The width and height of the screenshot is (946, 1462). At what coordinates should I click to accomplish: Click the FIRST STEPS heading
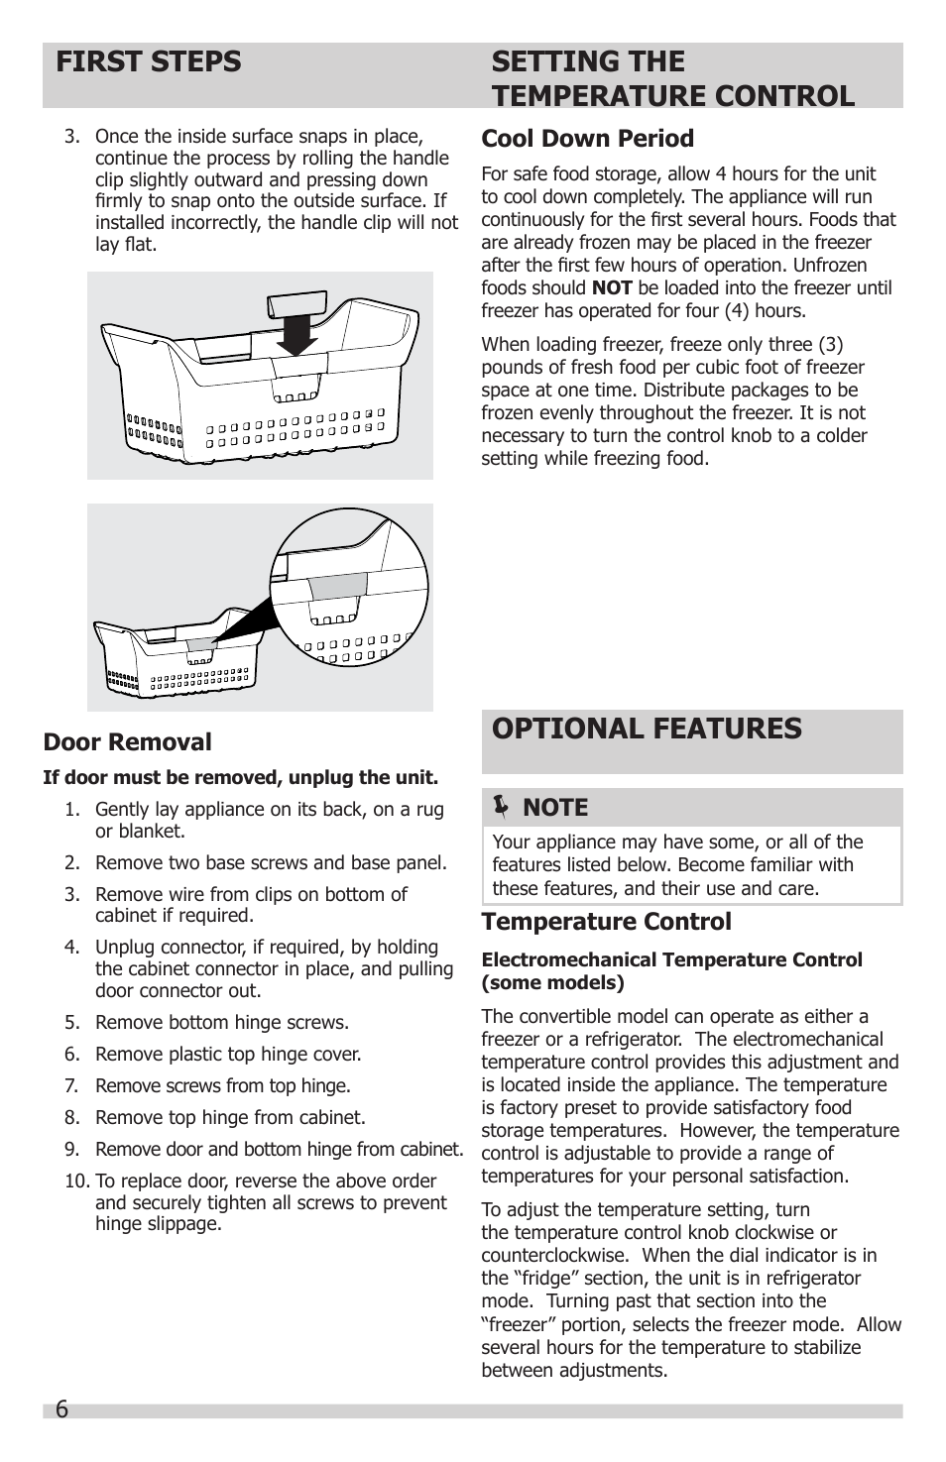pyautogui.click(x=149, y=62)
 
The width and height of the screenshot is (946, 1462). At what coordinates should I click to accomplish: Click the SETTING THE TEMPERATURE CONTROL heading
pyautogui.click(x=672, y=78)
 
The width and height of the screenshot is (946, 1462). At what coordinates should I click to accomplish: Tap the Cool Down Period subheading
pyautogui.click(x=587, y=139)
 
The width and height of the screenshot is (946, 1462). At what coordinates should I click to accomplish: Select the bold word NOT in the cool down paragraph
pyautogui.click(x=612, y=288)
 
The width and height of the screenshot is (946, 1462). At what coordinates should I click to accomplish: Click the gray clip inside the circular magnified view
pyautogui.click(x=337, y=586)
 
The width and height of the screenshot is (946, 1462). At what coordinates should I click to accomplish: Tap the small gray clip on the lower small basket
pyautogui.click(x=201, y=644)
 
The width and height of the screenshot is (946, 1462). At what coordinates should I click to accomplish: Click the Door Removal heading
pyautogui.click(x=127, y=742)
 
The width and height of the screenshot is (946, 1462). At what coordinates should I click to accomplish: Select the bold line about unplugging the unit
pyautogui.click(x=240, y=777)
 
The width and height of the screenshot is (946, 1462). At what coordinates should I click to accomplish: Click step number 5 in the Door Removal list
pyautogui.click(x=71, y=1023)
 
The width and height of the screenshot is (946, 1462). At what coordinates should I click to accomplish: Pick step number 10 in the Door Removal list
pyautogui.click(x=76, y=1181)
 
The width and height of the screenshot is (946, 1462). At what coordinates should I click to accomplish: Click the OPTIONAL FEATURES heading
pyautogui.click(x=647, y=729)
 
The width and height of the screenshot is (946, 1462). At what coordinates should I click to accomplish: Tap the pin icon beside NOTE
pyautogui.click(x=501, y=808)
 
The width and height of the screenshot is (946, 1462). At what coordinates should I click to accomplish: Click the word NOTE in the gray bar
pyautogui.click(x=555, y=808)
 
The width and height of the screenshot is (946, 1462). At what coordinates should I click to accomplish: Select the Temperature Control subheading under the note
pyautogui.click(x=606, y=922)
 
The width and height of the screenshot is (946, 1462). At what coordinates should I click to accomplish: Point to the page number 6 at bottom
pyautogui.click(x=61, y=1410)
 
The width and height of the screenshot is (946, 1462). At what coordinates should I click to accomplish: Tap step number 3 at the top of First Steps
pyautogui.click(x=71, y=137)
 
